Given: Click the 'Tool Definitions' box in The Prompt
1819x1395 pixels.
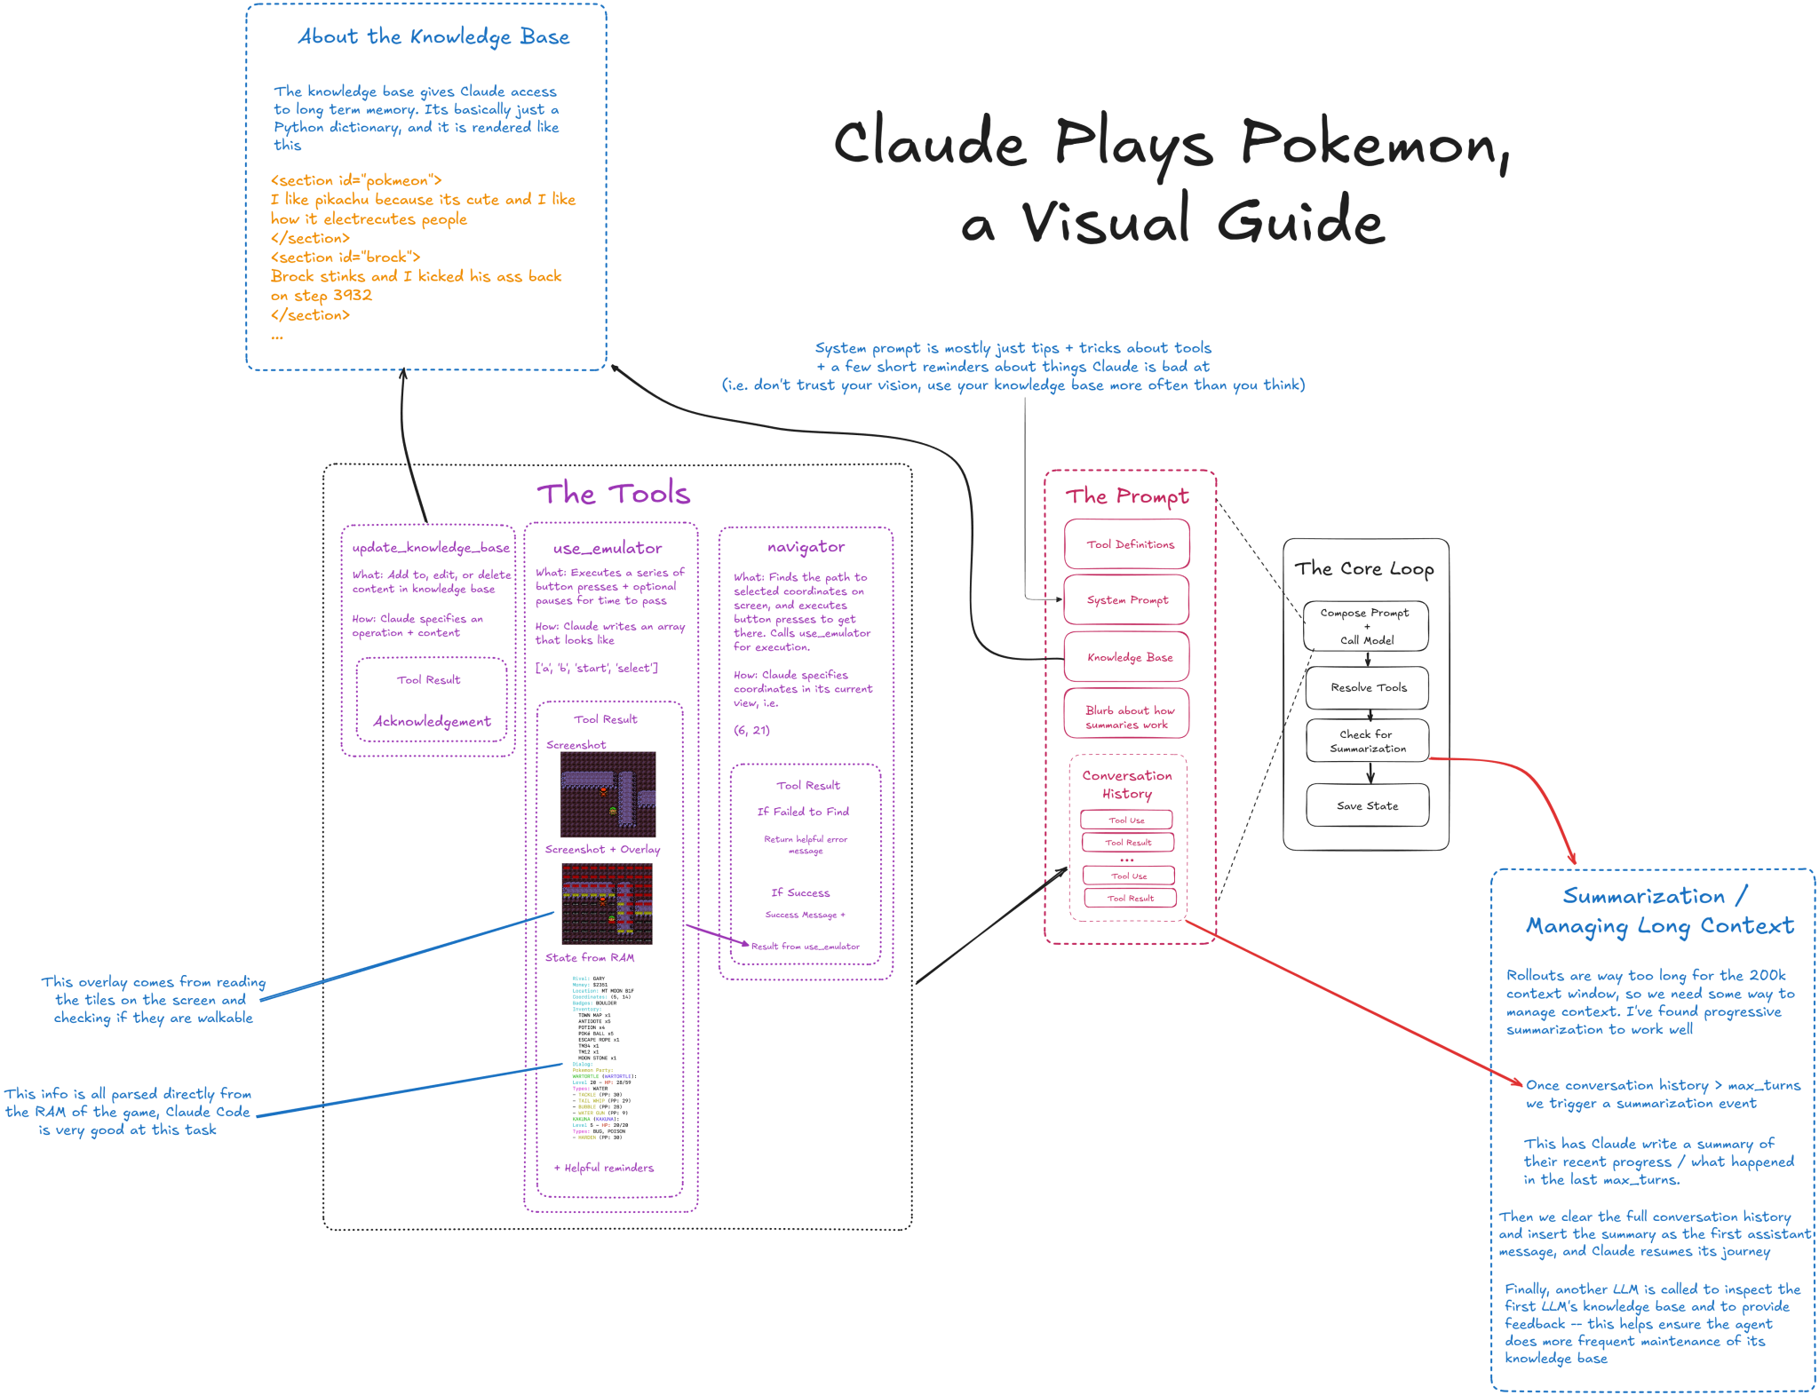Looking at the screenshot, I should (x=1126, y=544).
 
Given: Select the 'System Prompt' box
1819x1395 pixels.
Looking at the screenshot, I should (x=1126, y=600).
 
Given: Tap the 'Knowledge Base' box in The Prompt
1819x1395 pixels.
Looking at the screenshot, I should (x=1126, y=657).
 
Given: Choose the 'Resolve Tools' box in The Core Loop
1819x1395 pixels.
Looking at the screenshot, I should (x=1367, y=687).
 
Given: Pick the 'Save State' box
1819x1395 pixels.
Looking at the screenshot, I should (x=1367, y=805).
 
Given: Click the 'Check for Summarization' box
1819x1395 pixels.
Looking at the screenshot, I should (x=1367, y=741).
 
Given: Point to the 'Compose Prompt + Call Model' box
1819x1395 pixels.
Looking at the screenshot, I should (x=1366, y=626).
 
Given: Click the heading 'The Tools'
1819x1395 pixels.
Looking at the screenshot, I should (x=613, y=494).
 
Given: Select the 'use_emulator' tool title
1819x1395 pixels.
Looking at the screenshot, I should (x=608, y=548).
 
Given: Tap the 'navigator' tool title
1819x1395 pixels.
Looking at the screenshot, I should (x=806, y=547).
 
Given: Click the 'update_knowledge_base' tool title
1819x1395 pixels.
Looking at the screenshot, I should (x=431, y=548).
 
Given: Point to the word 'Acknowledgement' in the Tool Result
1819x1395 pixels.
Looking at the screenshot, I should (x=432, y=721).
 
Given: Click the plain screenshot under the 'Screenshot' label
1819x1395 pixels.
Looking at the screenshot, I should (x=608, y=794).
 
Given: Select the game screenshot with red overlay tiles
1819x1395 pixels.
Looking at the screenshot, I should (x=607, y=902).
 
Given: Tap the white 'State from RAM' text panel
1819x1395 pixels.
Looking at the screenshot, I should (x=604, y=1058).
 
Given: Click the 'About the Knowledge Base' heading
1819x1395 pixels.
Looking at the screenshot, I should (x=433, y=37).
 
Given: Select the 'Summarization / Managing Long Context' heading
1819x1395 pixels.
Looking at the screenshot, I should (x=1658, y=911).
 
